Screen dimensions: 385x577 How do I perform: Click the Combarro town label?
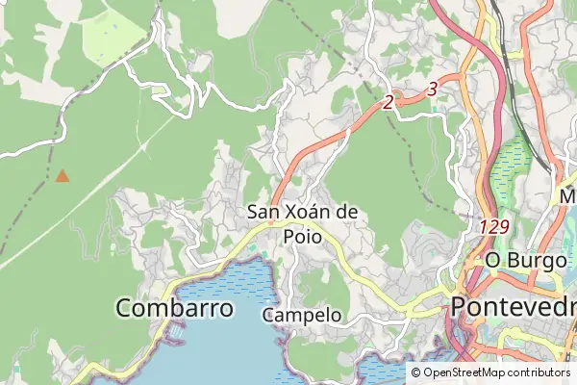point(174,308)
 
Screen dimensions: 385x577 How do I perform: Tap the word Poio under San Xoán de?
point(289,234)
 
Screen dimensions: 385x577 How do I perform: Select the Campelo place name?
point(301,315)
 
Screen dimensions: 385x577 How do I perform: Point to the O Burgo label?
point(521,259)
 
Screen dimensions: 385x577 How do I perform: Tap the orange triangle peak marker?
point(63,176)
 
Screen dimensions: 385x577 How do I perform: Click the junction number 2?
point(389,102)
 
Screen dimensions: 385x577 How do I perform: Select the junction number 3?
point(432,89)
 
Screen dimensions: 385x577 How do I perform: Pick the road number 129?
point(493,227)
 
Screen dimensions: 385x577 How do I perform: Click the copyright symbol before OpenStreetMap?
point(416,372)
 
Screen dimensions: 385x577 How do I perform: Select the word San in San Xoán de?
point(264,212)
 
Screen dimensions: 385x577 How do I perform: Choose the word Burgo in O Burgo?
point(533,259)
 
